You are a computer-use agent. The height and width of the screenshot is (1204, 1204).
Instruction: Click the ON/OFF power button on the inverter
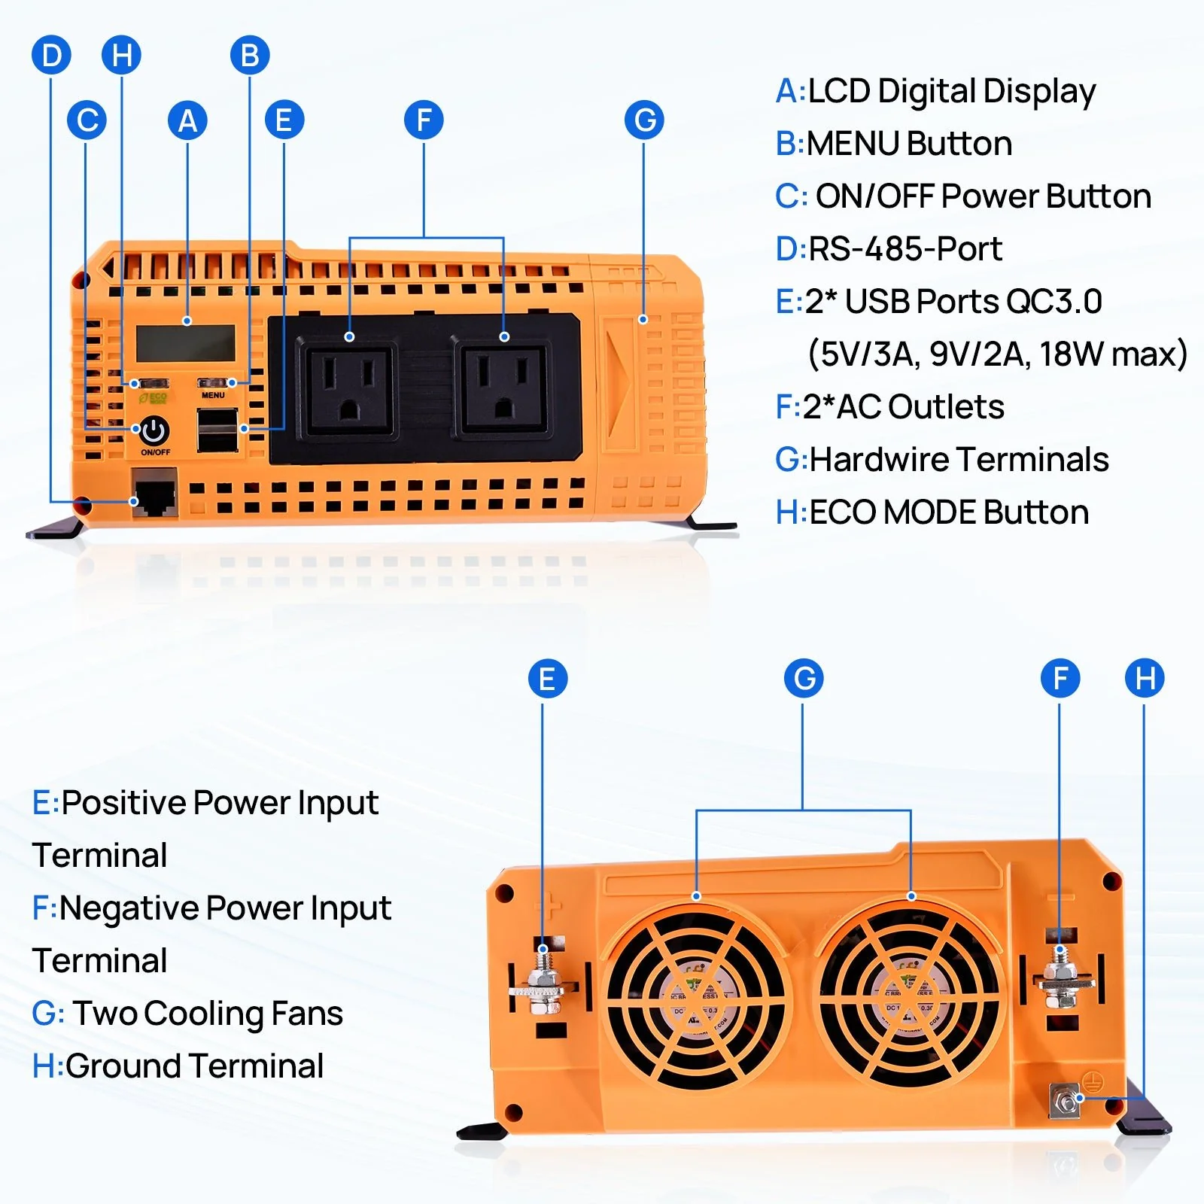tap(154, 430)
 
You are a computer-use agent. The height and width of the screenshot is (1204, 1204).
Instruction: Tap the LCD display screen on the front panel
tap(186, 343)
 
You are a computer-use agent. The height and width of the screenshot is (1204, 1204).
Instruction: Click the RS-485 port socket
tap(154, 494)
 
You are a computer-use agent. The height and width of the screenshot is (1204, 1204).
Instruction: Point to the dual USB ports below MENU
tap(217, 430)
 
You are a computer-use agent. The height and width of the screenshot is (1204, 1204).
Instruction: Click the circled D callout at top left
tap(51, 55)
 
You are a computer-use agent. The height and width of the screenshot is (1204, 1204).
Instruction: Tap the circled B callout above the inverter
tap(250, 55)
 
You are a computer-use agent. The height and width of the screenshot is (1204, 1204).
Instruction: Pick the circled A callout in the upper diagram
tap(187, 120)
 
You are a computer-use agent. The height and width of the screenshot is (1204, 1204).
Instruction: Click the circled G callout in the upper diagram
tap(644, 120)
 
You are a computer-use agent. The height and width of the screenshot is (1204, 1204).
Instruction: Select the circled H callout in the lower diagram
tap(1144, 678)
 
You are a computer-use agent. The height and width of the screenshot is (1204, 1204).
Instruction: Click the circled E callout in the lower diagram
tap(547, 678)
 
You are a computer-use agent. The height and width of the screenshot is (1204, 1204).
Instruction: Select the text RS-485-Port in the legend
tap(905, 249)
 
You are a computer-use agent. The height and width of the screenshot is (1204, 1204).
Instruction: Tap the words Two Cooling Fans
tap(208, 1014)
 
